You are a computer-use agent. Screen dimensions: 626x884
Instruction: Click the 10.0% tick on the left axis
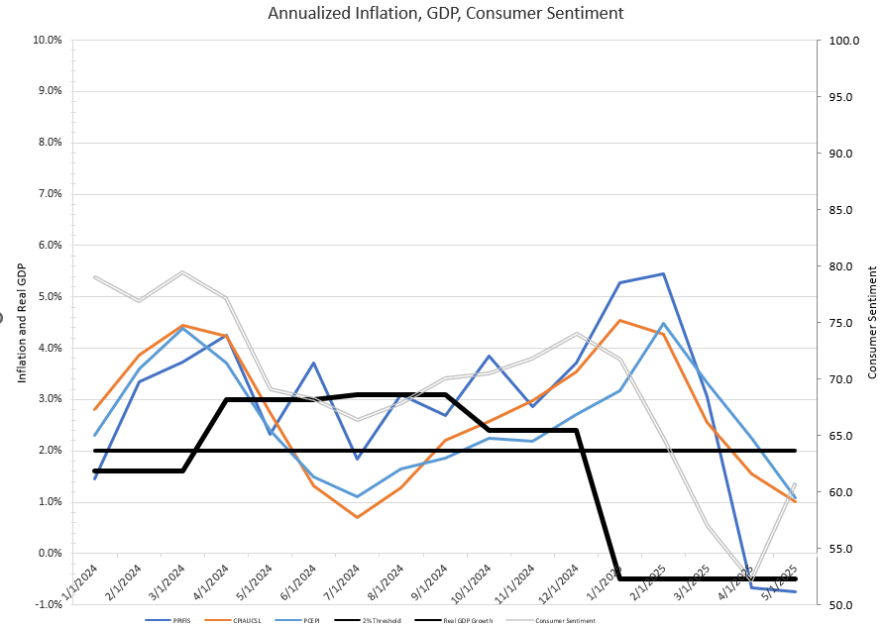tap(49, 41)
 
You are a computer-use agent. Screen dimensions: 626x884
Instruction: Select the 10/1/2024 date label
tap(472, 584)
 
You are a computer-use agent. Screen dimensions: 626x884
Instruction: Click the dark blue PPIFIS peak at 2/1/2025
tap(663, 273)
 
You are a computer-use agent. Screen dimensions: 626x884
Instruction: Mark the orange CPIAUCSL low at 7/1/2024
tap(357, 517)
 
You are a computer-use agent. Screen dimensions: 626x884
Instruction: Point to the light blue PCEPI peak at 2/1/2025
tap(663, 324)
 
